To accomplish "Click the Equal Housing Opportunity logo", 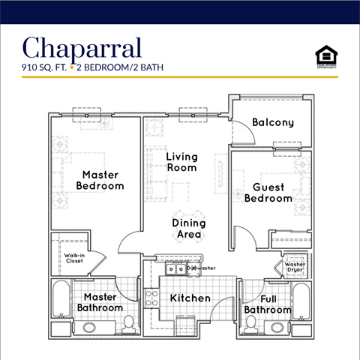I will (x=325, y=55).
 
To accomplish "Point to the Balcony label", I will (x=272, y=122).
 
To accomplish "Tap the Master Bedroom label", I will (x=103, y=180).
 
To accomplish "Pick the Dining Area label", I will (x=187, y=229).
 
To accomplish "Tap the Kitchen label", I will (x=190, y=298).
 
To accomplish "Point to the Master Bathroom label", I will (x=103, y=302).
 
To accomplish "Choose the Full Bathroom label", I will (x=267, y=304).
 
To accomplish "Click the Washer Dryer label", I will (x=295, y=268).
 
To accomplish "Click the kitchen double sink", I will (x=175, y=268).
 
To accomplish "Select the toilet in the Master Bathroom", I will (x=128, y=323).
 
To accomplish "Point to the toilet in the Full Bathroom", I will (x=251, y=323).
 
